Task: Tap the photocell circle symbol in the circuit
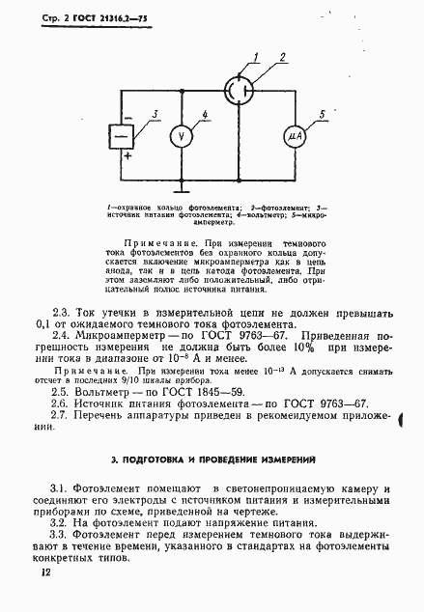click(x=238, y=90)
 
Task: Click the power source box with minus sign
click(x=122, y=136)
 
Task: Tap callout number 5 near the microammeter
click(x=323, y=116)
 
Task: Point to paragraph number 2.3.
click(x=59, y=312)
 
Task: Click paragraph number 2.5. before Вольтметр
click(x=59, y=393)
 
